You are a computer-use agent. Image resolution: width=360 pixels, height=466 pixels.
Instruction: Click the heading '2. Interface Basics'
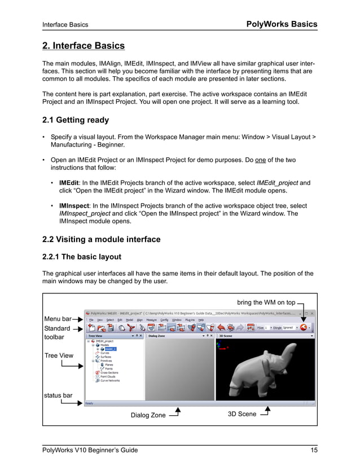point(84,46)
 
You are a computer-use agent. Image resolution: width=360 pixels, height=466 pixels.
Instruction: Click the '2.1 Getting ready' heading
point(76,120)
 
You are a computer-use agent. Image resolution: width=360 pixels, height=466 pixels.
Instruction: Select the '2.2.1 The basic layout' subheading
point(82,257)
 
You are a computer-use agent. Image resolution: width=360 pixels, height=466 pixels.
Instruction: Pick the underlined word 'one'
point(261,160)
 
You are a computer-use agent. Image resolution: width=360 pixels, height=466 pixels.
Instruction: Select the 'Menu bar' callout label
point(57,319)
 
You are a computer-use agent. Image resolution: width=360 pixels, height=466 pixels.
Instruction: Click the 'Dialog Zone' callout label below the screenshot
point(148,415)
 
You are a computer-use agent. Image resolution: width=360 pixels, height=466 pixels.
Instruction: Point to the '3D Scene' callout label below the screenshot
point(242,414)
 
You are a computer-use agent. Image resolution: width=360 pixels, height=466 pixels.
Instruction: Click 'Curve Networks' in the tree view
point(112,380)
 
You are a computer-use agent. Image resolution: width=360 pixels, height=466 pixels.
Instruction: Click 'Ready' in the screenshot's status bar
point(90,403)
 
